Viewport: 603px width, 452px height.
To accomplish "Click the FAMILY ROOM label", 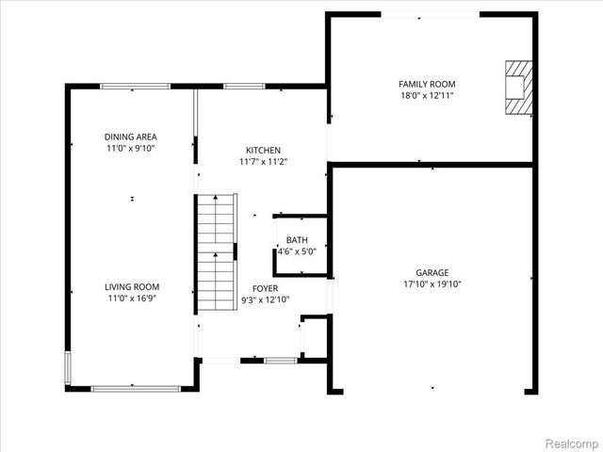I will pyautogui.click(x=427, y=84).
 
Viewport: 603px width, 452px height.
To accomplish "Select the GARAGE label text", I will pyautogui.click(x=433, y=273).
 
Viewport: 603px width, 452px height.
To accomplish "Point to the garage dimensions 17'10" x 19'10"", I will pyautogui.click(x=433, y=284).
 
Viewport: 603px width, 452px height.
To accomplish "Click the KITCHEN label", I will pyautogui.click(x=263, y=151).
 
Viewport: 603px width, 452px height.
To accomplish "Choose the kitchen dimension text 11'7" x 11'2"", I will pyautogui.click(x=263, y=162).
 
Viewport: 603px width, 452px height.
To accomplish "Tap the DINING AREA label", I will pyautogui.click(x=130, y=137).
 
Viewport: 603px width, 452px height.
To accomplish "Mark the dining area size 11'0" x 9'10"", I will pyautogui.click(x=130, y=149).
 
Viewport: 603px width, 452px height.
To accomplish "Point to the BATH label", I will pyautogui.click(x=297, y=240).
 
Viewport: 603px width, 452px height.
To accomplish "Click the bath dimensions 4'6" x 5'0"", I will pyautogui.click(x=297, y=251).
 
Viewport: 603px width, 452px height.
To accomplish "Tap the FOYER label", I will pyautogui.click(x=264, y=288).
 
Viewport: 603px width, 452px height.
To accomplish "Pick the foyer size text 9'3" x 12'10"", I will pyautogui.click(x=264, y=299).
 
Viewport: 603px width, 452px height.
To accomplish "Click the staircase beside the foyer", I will pyautogui.click(x=215, y=254).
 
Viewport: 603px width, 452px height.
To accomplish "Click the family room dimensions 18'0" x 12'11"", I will pyautogui.click(x=427, y=95).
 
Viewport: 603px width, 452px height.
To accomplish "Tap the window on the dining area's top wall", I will pyautogui.click(x=129, y=87).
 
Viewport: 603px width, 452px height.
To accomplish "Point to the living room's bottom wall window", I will pyautogui.click(x=132, y=387).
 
